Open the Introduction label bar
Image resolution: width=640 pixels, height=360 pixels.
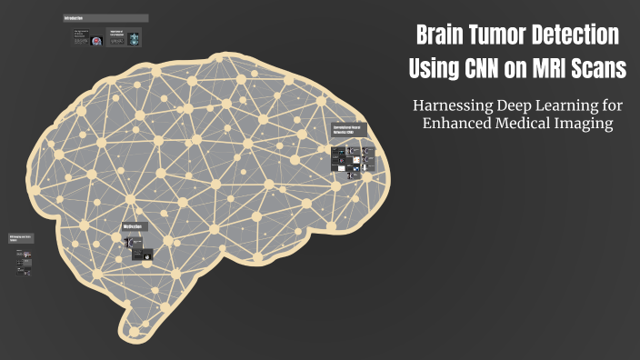coord(105,18)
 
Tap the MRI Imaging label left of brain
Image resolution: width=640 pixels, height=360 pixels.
coord(21,238)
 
